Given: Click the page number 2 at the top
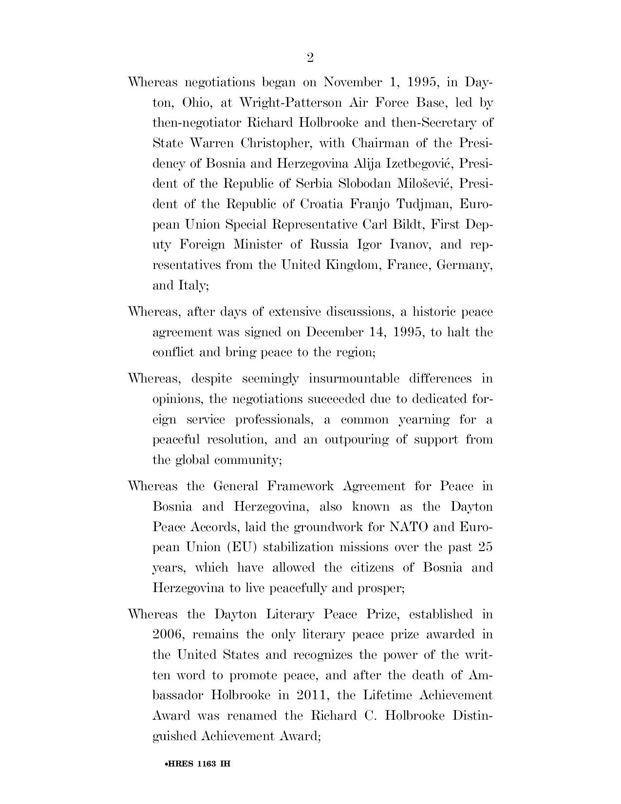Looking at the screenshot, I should click(310, 58).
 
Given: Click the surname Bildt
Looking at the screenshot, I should click(407, 225).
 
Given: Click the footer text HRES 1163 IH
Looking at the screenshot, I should click(198, 764).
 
